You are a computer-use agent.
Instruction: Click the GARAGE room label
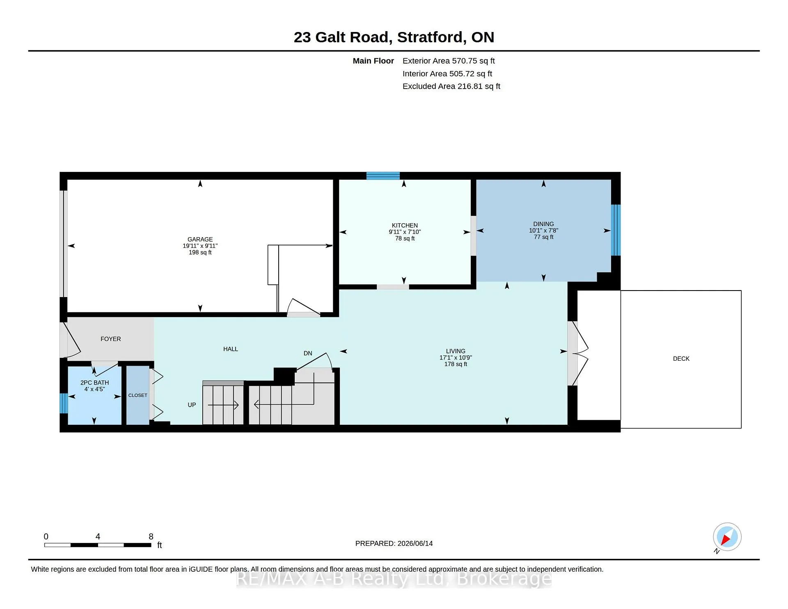(200, 239)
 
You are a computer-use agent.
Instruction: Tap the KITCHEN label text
(405, 225)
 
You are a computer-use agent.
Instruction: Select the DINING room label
(543, 224)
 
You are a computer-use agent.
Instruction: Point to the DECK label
(681, 359)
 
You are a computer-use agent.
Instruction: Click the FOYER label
(111, 339)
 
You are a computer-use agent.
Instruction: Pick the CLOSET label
(137, 395)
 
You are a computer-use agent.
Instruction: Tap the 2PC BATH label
(94, 382)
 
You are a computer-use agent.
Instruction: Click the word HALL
(231, 349)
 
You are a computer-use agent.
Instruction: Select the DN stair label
(308, 353)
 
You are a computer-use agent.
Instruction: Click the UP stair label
(192, 405)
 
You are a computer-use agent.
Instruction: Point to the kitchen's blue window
(383, 176)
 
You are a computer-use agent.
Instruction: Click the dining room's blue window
(616, 230)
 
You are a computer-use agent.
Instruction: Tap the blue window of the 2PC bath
(64, 403)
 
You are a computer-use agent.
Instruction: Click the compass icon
(727, 537)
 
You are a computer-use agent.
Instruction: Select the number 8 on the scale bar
(151, 536)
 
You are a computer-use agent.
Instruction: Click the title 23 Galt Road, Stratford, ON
(394, 37)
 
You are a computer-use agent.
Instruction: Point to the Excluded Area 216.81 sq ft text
(451, 86)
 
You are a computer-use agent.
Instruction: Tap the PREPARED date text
(394, 543)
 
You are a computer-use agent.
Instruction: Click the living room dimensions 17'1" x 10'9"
(456, 357)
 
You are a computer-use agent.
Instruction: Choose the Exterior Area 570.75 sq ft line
(449, 61)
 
